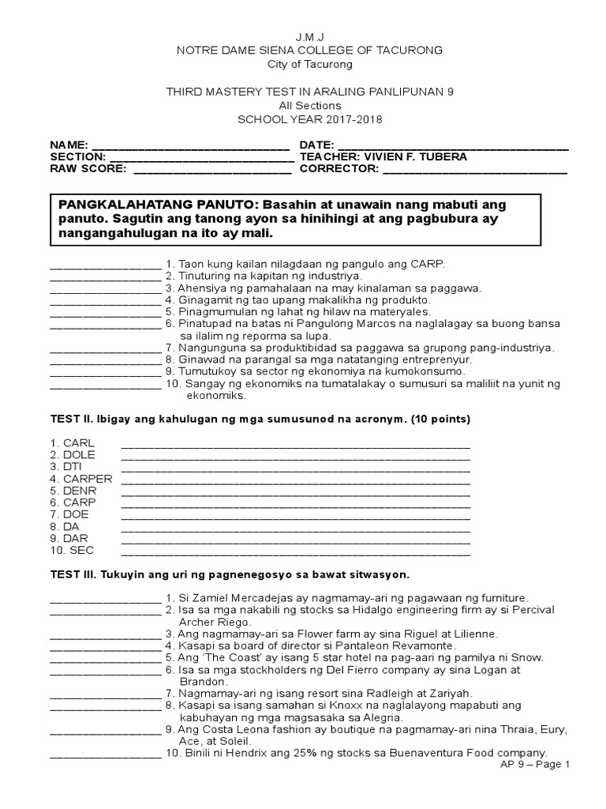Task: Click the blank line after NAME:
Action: [191, 148]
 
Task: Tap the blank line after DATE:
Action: [453, 148]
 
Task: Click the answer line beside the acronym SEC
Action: [296, 553]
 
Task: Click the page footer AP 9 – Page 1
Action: [534, 765]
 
